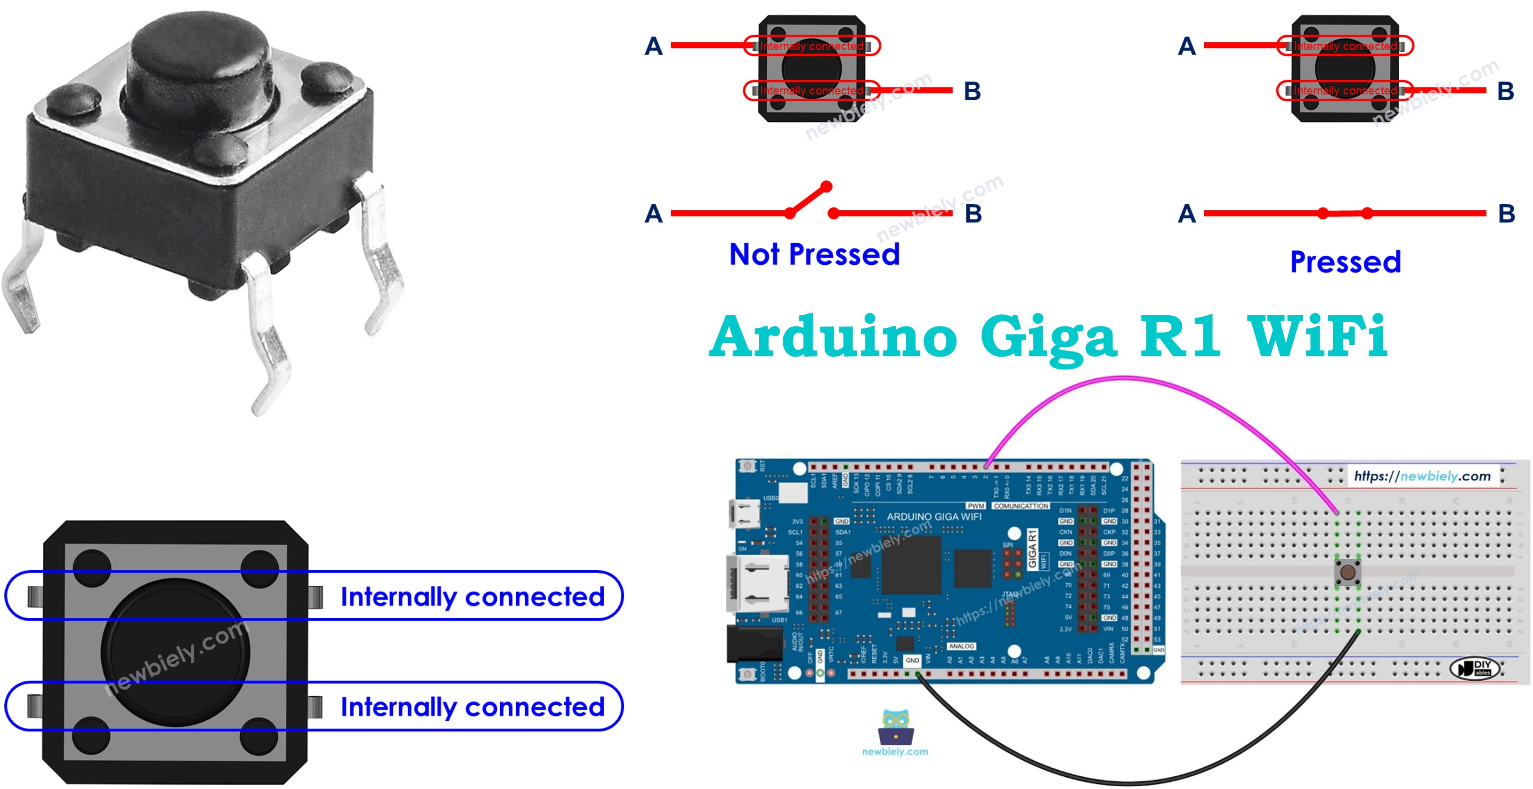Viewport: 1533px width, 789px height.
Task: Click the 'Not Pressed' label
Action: click(814, 255)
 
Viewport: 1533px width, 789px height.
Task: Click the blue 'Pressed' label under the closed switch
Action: click(1345, 262)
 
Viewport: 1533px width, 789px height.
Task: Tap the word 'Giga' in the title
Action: click(1048, 338)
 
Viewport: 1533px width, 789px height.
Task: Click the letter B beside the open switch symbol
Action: click(973, 214)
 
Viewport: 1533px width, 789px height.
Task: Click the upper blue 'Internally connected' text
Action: click(472, 597)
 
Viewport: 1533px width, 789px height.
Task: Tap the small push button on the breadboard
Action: click(1347, 572)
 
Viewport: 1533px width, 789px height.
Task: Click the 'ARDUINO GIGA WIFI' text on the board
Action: click(934, 517)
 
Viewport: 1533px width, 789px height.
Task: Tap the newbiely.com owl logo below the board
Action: click(895, 728)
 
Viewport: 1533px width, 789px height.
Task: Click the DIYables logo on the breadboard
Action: click(1475, 668)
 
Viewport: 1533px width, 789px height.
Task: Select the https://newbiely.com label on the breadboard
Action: click(1422, 476)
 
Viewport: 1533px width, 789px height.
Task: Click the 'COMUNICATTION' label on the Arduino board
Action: click(1021, 506)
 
